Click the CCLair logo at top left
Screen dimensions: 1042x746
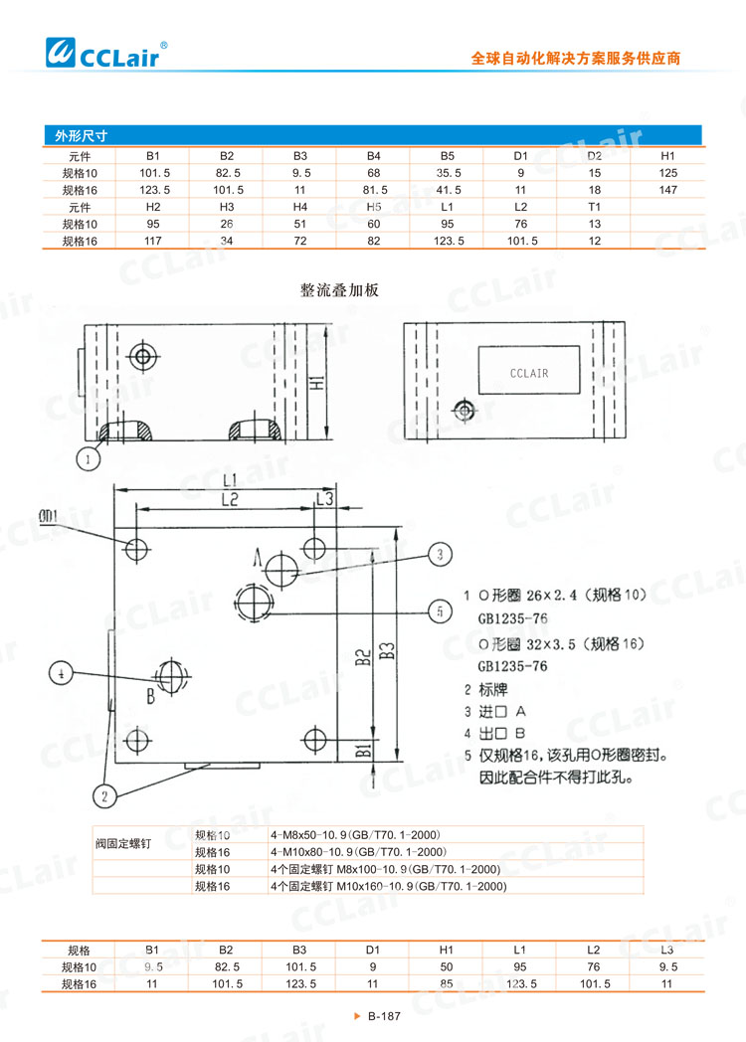[x=103, y=49]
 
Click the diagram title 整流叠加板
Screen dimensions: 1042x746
[x=339, y=290]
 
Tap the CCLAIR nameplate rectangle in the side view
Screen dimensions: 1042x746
[x=528, y=373]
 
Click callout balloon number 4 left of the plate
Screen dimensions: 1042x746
[x=63, y=673]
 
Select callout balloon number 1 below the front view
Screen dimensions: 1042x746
[x=90, y=458]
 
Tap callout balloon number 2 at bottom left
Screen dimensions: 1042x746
[x=103, y=793]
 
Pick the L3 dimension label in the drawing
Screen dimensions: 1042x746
[x=323, y=497]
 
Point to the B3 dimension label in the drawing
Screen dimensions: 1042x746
[x=386, y=650]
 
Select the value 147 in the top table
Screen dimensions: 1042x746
[x=667, y=189]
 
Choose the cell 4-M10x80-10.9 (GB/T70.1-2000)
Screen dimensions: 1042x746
[x=354, y=852]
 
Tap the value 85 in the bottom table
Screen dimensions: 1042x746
[x=446, y=983]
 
